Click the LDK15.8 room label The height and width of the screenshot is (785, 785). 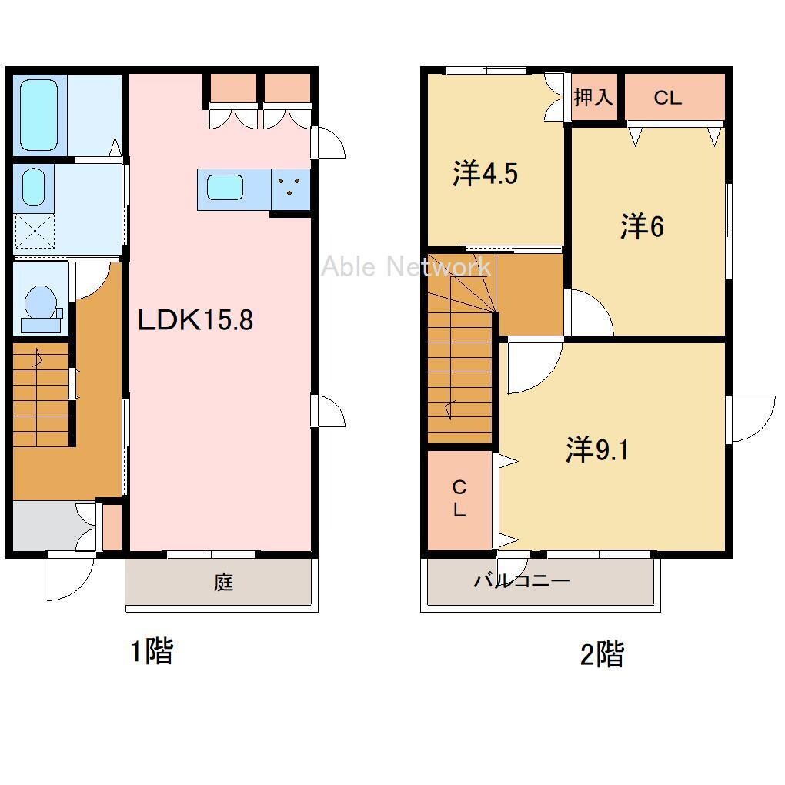point(195,319)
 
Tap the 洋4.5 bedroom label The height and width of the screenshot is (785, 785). point(485,174)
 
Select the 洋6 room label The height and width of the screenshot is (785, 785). point(643,226)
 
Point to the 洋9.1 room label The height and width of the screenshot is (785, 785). point(597,449)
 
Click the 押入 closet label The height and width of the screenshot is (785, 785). point(593,97)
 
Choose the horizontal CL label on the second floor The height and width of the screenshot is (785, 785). point(668,98)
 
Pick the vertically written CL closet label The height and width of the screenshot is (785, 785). point(459,498)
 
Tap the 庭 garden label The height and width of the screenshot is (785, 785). point(223,583)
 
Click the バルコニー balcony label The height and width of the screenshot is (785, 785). point(522,581)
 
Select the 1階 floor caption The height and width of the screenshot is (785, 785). point(152,651)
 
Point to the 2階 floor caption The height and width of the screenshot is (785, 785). point(602,654)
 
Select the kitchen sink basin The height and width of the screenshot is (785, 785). point(225,188)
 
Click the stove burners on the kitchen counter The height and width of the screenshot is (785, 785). point(290,186)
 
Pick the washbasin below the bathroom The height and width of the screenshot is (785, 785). point(34,187)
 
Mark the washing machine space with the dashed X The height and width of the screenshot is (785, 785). point(35,232)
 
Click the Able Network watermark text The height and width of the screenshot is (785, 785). point(406,266)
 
